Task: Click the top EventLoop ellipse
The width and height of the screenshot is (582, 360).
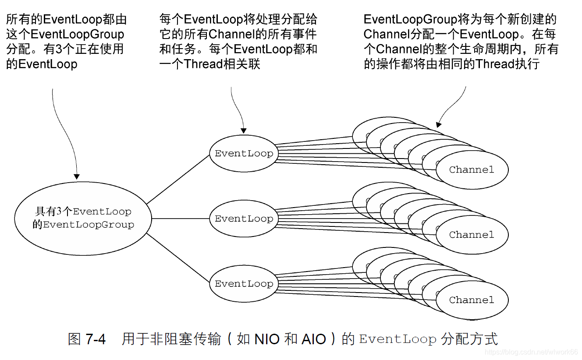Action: tap(244, 154)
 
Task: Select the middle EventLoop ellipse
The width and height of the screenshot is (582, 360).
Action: tap(244, 219)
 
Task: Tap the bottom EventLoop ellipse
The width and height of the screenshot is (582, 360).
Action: tap(244, 284)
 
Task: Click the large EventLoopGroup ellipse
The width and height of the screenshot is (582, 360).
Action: tap(83, 218)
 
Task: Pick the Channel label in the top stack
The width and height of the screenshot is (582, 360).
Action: tap(472, 170)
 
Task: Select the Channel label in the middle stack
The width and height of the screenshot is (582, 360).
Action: tap(472, 235)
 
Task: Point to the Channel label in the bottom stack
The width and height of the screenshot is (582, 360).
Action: tap(472, 300)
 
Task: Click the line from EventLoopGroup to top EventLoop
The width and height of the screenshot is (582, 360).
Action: tap(178, 179)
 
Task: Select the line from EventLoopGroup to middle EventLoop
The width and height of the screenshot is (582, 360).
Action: tap(180, 219)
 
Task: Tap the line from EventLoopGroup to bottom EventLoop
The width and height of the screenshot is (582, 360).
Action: tap(178, 258)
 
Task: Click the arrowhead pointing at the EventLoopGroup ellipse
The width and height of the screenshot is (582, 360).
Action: tap(77, 177)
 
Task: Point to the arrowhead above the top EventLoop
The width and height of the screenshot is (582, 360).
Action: tap(244, 131)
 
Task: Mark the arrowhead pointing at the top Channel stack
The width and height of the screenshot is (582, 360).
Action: tap(439, 124)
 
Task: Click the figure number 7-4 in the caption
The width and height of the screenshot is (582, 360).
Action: tap(96, 339)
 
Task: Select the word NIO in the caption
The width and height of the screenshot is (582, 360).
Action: tap(267, 339)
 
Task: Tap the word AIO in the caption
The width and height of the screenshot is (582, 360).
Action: tap(314, 339)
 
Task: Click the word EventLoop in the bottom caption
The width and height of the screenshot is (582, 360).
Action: tap(398, 339)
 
